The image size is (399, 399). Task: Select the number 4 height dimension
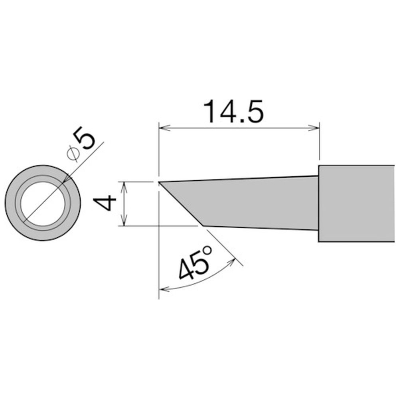[105, 203]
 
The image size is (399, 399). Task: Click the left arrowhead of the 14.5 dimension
[164, 128]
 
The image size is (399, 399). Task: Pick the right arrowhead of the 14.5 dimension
[313, 128]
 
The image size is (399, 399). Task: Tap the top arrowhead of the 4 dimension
[124, 187]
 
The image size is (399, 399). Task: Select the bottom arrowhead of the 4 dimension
[124, 221]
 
